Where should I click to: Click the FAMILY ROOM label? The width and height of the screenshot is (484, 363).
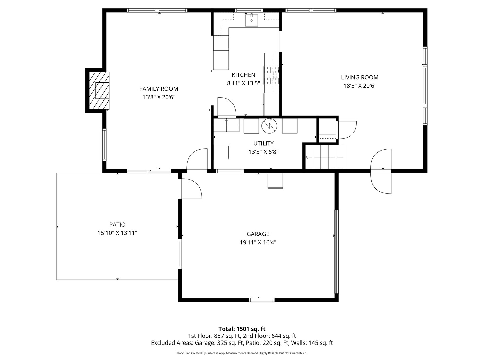coord(159,89)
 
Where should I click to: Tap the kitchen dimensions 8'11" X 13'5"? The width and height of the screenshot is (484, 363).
coord(243,83)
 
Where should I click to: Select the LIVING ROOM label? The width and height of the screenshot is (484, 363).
coord(360,77)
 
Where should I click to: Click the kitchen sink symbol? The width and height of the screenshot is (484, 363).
coord(251,20)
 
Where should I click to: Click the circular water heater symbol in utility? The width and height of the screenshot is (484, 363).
coord(269,125)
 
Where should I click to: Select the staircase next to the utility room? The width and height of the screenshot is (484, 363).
coord(325,157)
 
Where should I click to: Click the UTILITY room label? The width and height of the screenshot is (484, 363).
coord(263,143)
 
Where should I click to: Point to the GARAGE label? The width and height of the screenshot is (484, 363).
coord(258,234)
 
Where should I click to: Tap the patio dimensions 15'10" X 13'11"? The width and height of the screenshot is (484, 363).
coord(117,233)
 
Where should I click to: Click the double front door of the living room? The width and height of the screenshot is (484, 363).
coord(381,171)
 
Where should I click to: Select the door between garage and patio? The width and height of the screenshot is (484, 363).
coord(190,189)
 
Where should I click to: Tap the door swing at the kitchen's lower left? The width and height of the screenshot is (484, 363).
coord(226,107)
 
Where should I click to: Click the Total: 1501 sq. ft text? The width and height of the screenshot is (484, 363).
coord(242,329)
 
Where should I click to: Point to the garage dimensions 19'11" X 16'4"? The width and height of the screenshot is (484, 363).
coord(258,242)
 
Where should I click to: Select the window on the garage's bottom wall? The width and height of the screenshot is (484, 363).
coord(262,300)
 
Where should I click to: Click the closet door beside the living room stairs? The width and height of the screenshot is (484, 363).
coord(346,130)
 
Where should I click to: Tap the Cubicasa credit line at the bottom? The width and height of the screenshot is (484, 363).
coord(242,353)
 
